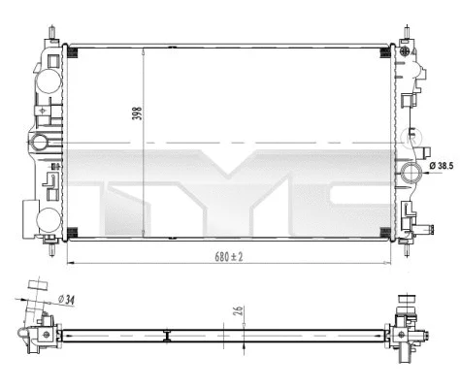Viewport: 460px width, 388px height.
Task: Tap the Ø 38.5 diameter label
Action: point(442,166)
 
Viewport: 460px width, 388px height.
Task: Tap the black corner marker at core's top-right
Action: point(385,48)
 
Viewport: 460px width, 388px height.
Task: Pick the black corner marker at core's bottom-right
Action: point(385,229)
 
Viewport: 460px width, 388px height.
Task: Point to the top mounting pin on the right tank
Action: point(402,31)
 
